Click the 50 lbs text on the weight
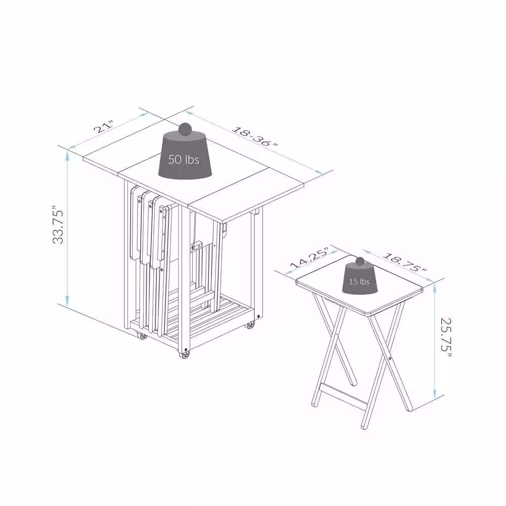point(183,160)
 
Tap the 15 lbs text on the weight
point(360,281)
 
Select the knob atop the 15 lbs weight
point(360,262)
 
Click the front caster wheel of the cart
point(185,355)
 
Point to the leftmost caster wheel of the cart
point(143,336)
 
